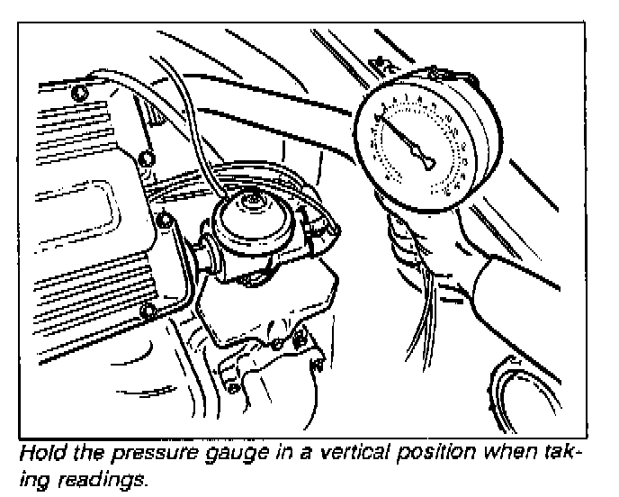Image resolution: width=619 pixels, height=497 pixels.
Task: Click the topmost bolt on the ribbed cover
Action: click(x=81, y=92)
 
